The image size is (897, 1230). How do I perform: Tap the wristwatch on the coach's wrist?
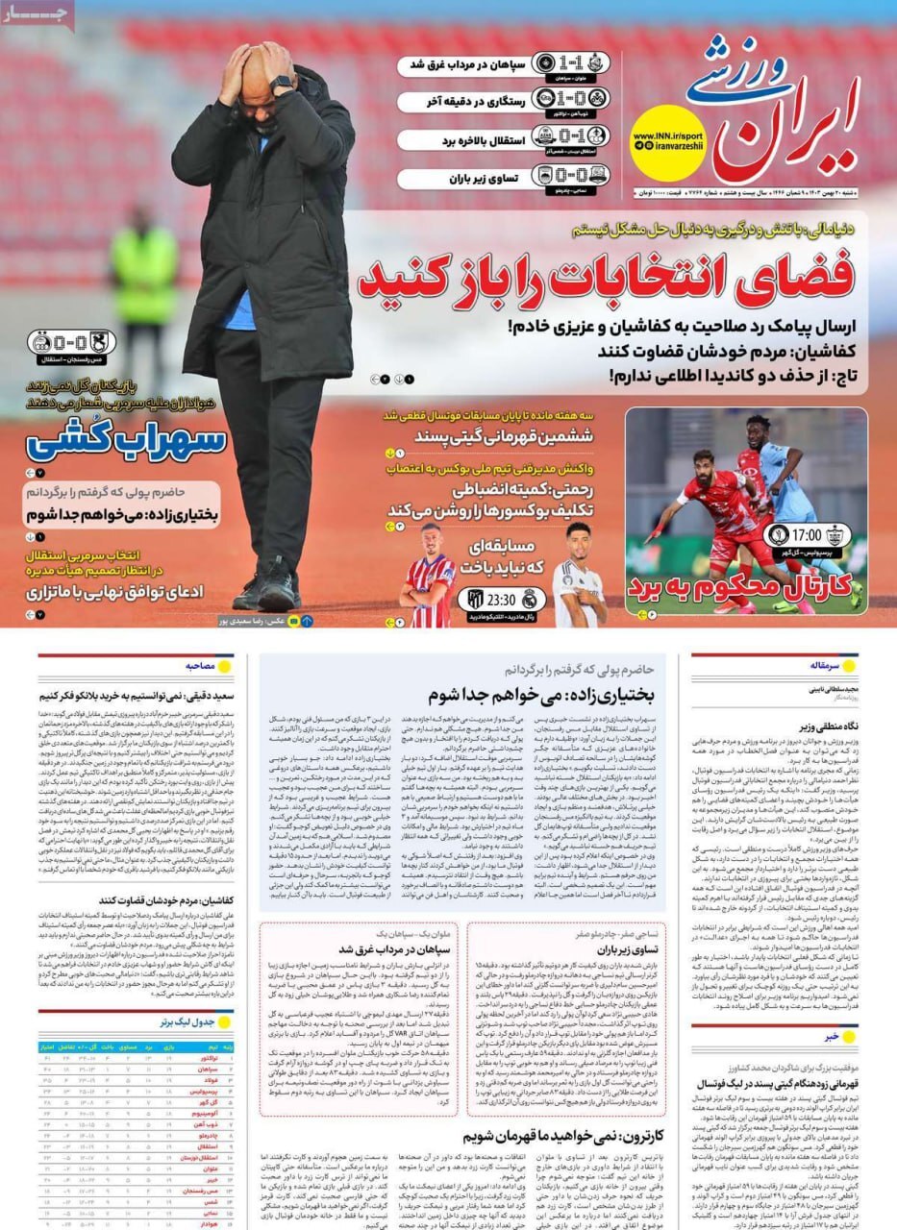tap(282, 84)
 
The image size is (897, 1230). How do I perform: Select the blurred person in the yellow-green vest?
tap(144, 279)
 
